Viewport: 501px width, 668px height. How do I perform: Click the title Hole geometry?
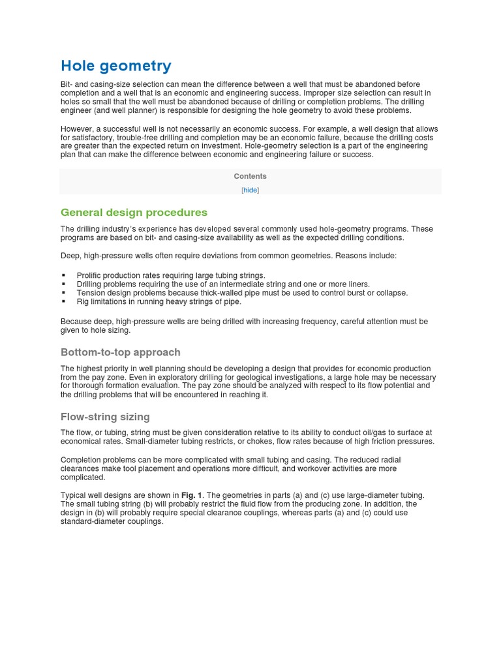pos(115,66)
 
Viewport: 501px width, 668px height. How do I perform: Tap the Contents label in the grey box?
pos(250,176)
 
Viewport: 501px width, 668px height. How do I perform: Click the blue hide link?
pos(250,190)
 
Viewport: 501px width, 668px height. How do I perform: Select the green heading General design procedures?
pos(134,213)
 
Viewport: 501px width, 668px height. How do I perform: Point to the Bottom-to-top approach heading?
pos(120,352)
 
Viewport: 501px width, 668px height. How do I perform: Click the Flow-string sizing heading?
pos(105,417)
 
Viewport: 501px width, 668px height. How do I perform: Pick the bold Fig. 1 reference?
pos(192,495)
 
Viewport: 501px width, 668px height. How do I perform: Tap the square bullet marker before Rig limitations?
pos(64,302)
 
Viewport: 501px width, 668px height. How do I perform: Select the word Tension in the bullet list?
pos(91,293)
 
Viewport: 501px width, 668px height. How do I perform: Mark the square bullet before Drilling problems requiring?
pos(64,284)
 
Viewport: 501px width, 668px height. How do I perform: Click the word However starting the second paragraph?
pos(78,129)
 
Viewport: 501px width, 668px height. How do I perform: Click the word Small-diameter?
pos(157,442)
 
